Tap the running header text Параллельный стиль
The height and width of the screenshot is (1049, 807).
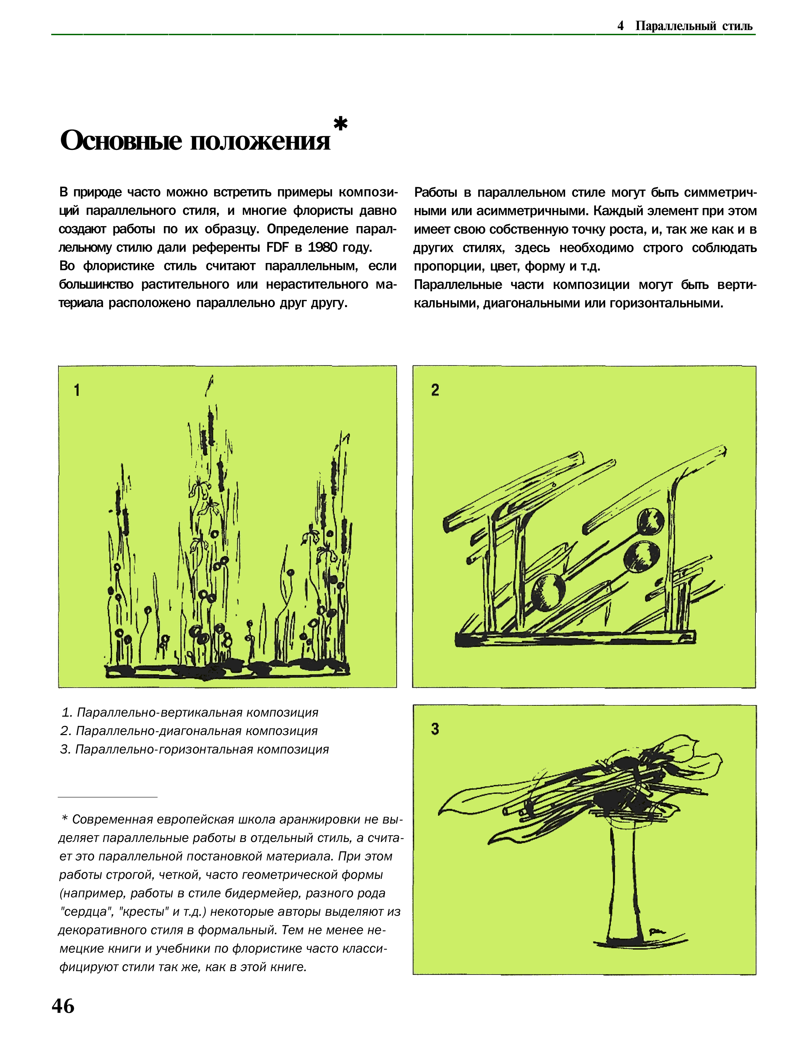click(x=694, y=26)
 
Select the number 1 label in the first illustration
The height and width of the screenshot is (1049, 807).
click(x=77, y=390)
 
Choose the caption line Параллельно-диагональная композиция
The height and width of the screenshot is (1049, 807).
click(x=189, y=731)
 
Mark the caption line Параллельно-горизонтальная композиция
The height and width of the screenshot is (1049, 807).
click(x=194, y=749)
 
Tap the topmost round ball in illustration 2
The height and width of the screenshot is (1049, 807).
click(x=651, y=521)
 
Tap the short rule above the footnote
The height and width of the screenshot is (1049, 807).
click(x=108, y=797)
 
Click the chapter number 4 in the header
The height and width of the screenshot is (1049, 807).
click(x=620, y=26)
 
